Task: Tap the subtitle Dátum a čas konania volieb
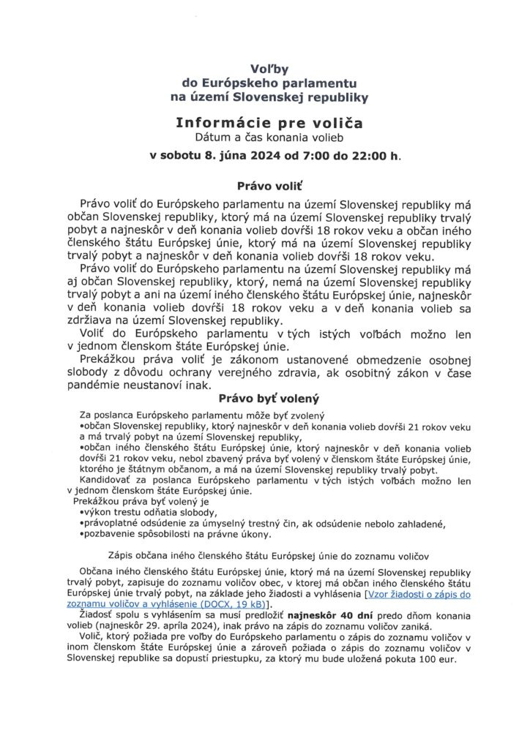point(265,137)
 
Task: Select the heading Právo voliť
point(265,186)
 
